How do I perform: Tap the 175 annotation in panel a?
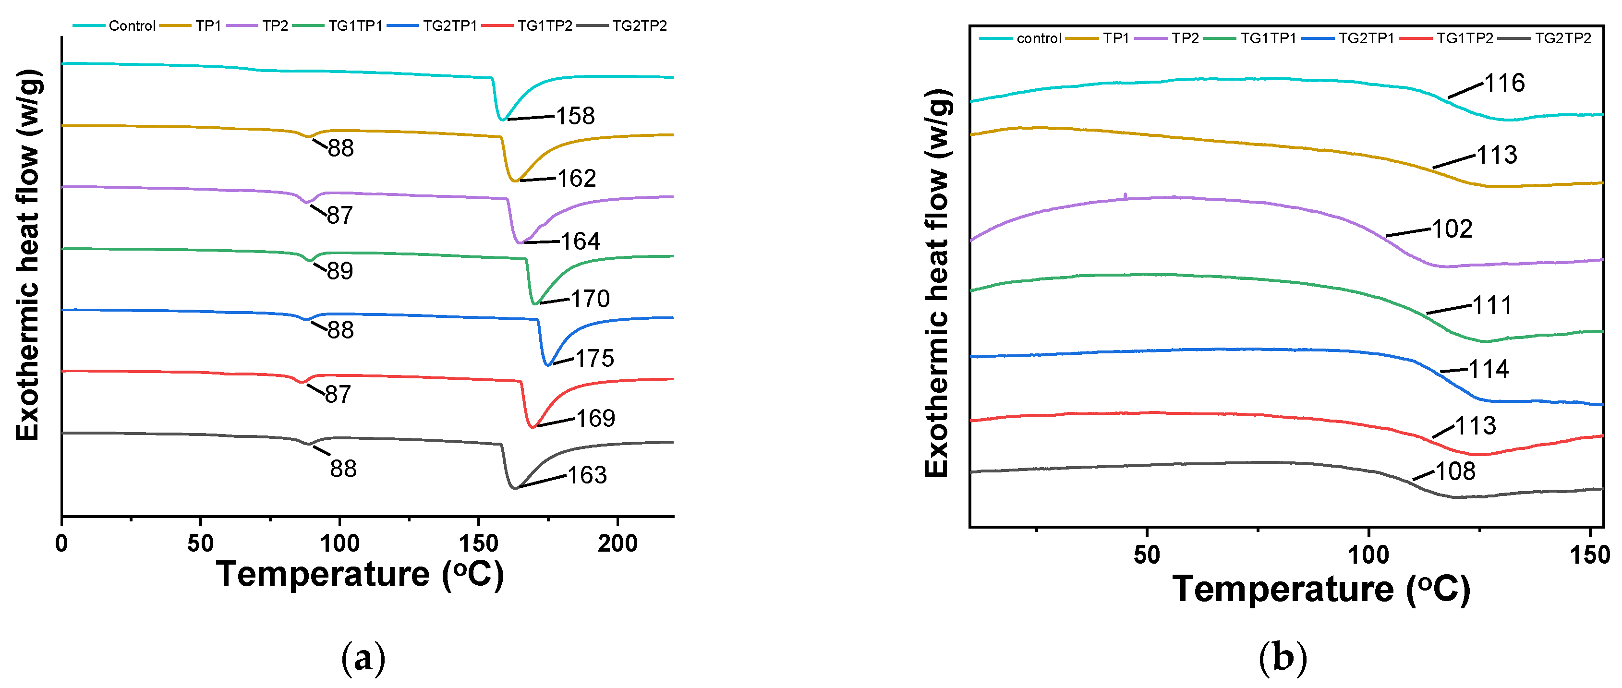point(594,358)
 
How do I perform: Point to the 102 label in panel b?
point(1452,229)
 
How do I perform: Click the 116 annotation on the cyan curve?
point(1504,83)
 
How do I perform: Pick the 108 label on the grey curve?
point(1455,471)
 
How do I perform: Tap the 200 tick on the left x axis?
point(617,543)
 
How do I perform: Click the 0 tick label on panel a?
point(62,543)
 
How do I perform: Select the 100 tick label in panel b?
point(1368,555)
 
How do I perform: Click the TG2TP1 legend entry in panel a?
point(449,26)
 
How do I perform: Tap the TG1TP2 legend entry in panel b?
point(1464,38)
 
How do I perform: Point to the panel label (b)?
point(1283,658)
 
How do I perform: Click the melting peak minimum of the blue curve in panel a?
point(548,364)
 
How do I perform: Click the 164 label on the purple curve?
point(580,241)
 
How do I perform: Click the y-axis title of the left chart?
point(28,255)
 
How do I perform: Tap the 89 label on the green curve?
point(340,271)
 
